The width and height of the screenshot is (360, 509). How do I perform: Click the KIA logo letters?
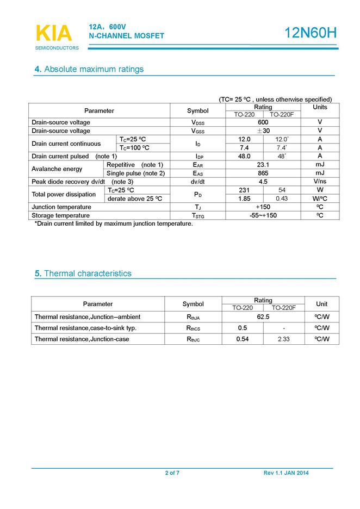(x=53, y=33)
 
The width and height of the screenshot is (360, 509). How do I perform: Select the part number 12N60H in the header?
(x=311, y=33)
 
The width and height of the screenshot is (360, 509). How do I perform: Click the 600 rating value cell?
(x=263, y=122)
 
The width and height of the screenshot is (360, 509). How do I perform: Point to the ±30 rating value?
(x=263, y=131)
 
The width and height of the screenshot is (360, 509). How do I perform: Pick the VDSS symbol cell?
(x=197, y=123)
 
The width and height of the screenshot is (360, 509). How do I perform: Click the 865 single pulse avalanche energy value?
(x=263, y=173)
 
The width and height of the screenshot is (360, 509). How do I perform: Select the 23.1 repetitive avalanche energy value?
(x=263, y=165)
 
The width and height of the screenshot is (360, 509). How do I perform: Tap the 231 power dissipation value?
(x=244, y=190)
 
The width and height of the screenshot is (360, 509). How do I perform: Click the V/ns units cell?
(x=320, y=182)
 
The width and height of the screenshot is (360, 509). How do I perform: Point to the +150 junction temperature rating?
(x=263, y=207)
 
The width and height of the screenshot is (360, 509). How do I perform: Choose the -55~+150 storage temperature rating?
(x=263, y=215)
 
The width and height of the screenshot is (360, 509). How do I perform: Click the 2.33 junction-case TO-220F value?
(x=283, y=339)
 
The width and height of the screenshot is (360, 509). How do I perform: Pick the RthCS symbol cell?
(x=193, y=328)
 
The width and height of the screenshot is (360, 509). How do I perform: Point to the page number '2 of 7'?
(x=172, y=473)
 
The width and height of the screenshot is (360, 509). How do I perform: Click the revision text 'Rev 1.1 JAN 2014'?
(x=285, y=473)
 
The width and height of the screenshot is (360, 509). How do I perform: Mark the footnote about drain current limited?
(x=114, y=224)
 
